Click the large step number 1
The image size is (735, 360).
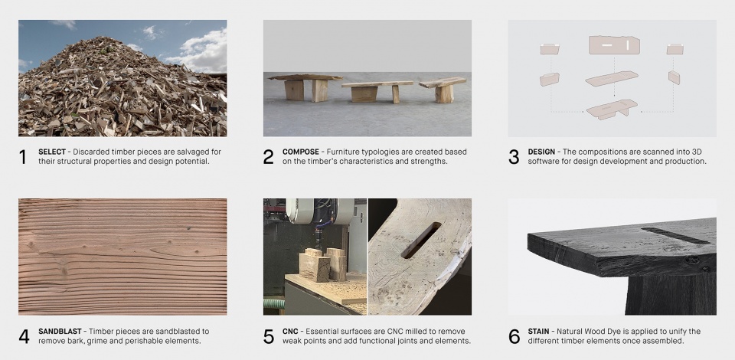22,157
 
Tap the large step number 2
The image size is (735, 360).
268,157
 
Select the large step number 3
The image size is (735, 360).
514,157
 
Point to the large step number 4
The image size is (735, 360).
24,336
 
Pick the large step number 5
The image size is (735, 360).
269,336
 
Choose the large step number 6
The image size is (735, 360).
514,336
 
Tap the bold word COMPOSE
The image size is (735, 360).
300,152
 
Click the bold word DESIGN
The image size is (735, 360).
541,152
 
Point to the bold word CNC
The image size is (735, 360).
290,332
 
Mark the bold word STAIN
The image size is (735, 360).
538,332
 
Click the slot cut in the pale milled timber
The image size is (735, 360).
421,240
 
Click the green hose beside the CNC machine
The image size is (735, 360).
274,303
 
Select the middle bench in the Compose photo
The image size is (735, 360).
377,91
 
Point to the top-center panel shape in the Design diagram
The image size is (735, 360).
614,45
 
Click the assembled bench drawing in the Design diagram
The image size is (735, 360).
611,109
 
